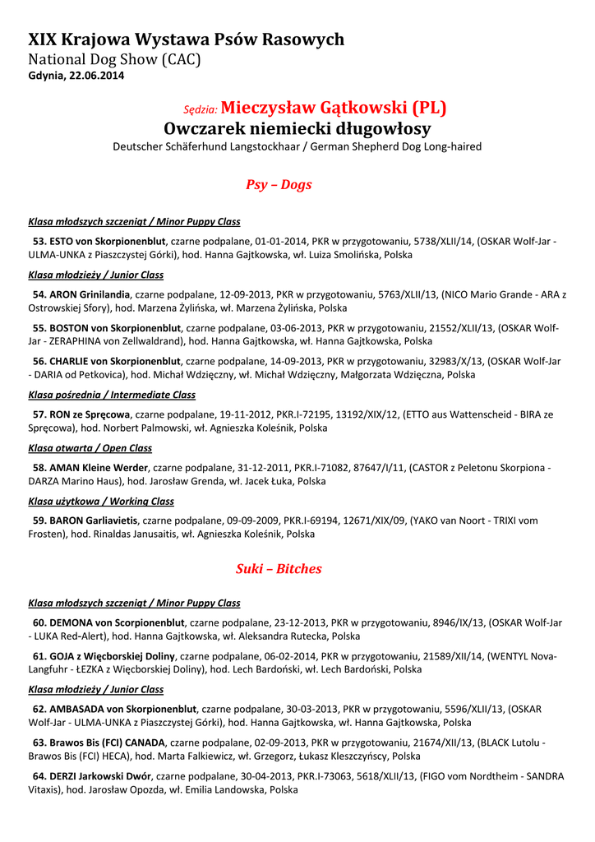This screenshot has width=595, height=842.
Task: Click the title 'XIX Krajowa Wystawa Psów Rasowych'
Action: (186, 39)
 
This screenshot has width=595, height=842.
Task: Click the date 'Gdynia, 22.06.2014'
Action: (76, 76)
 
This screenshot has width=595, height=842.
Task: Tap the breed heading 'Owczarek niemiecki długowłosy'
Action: (297, 129)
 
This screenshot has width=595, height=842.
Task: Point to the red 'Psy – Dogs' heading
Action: (279, 184)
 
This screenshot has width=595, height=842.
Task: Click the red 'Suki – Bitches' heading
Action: (279, 568)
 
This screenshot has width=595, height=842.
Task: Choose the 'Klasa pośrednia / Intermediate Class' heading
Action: (112, 395)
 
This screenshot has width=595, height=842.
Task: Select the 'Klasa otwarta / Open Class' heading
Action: (90, 448)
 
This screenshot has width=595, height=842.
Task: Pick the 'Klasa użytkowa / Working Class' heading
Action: (101, 501)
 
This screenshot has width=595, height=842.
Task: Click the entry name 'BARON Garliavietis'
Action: (95, 520)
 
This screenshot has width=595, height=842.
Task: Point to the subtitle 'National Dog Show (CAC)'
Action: (114, 59)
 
